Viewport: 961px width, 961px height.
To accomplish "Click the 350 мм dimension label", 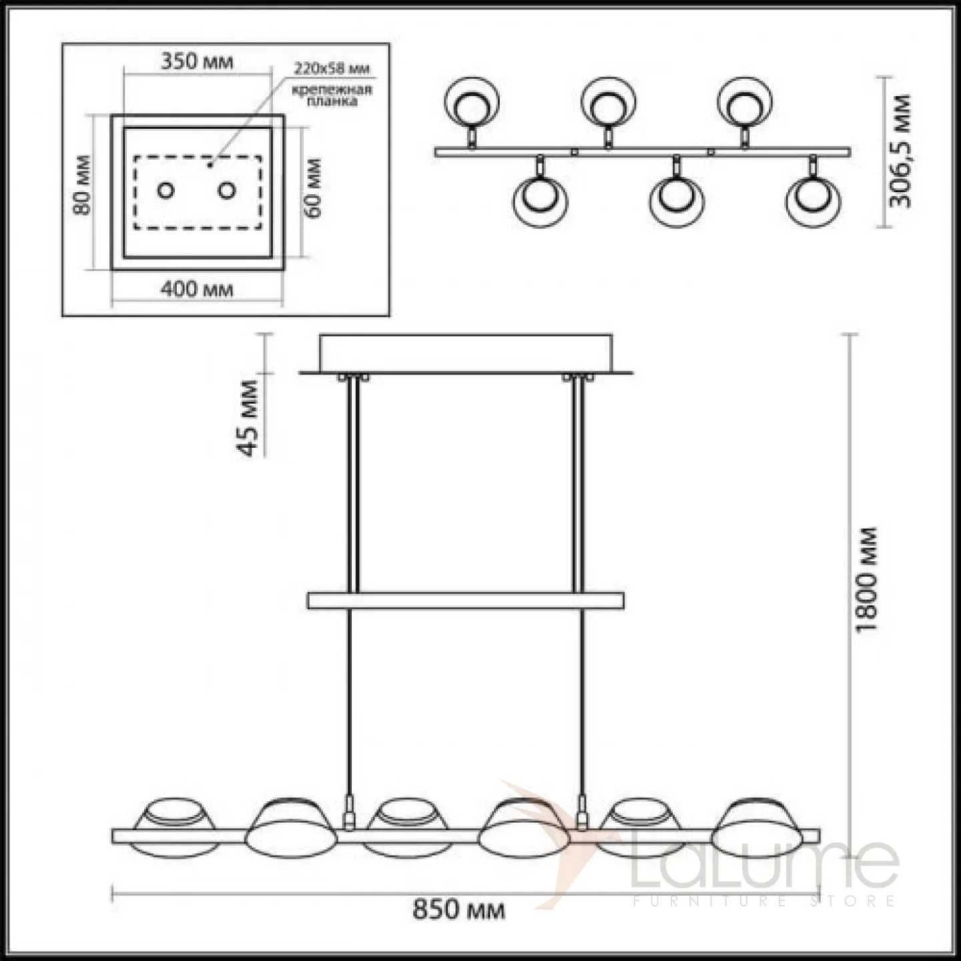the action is click(197, 61).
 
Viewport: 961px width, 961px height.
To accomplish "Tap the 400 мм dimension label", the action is click(197, 289).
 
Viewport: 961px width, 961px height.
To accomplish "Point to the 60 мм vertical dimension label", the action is click(313, 188).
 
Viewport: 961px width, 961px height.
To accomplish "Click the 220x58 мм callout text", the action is click(332, 68).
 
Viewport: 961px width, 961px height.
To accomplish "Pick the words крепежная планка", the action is click(332, 95).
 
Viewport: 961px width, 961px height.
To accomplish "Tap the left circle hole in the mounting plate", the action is click(166, 190).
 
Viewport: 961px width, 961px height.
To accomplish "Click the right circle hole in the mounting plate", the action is click(226, 190).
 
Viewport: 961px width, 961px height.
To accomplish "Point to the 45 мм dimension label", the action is click(248, 418).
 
